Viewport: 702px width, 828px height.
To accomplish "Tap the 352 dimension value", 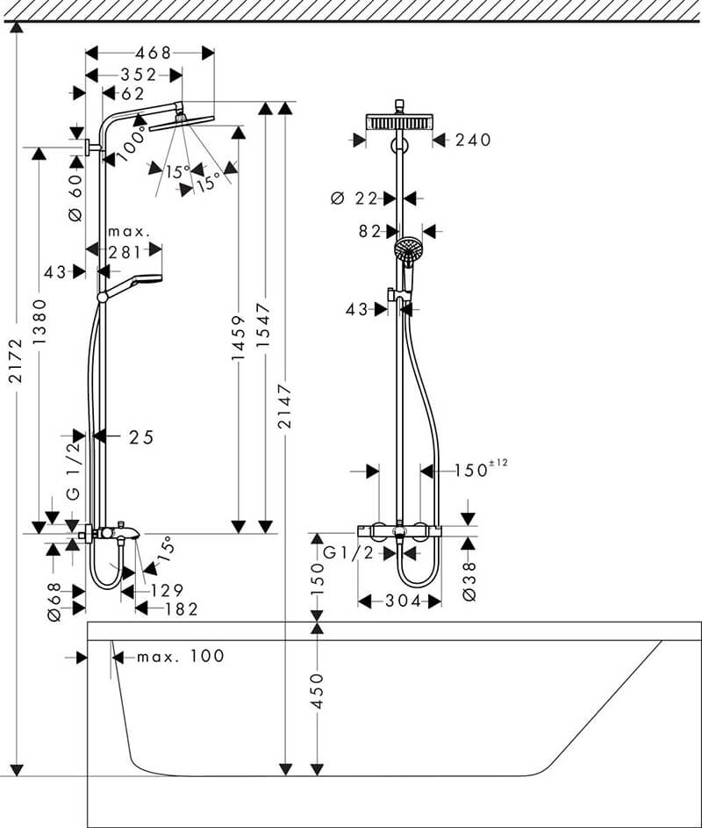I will coord(139,75).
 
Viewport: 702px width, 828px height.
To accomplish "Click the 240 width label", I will coord(474,140).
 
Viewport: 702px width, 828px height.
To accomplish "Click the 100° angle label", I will coord(132,142).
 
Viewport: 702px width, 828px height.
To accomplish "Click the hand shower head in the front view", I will coord(409,250).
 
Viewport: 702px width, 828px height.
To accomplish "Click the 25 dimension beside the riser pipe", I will coord(140,436).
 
